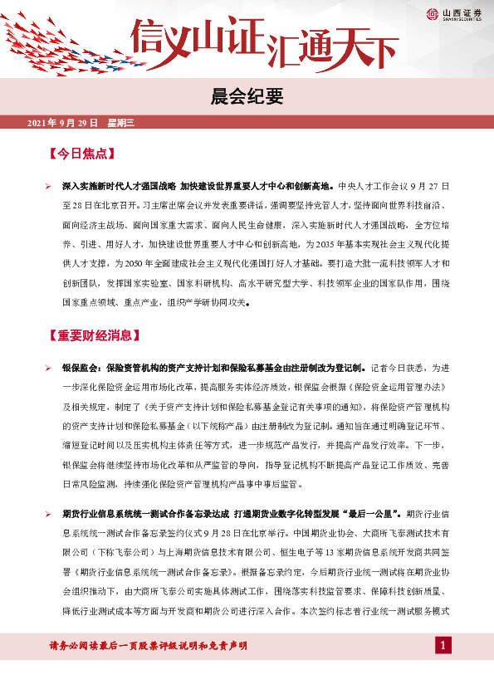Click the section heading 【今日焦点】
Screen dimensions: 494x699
point(81,154)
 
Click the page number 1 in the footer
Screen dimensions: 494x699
point(444,646)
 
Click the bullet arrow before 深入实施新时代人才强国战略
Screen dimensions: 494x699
point(49,187)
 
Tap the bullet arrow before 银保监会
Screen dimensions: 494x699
point(49,367)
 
